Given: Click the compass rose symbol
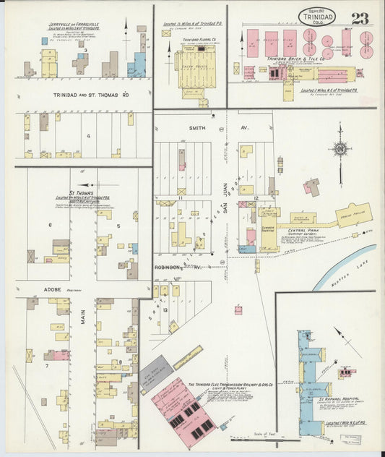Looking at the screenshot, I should (339, 150).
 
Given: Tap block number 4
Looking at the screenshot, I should (88, 135).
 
